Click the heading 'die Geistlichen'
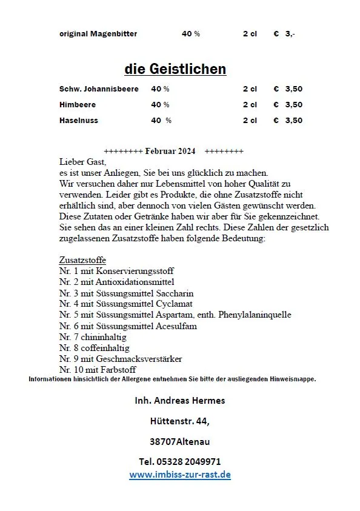175,69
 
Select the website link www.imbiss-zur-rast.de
180,475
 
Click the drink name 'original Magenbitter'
98,34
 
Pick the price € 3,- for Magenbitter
284,34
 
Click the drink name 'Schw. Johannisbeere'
99,89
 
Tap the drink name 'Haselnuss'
79,121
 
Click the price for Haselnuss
288,121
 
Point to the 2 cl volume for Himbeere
250,105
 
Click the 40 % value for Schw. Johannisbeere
160,89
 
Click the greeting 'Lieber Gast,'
82,162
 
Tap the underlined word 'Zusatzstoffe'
82,260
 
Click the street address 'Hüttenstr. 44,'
180,421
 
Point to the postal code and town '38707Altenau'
180,441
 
